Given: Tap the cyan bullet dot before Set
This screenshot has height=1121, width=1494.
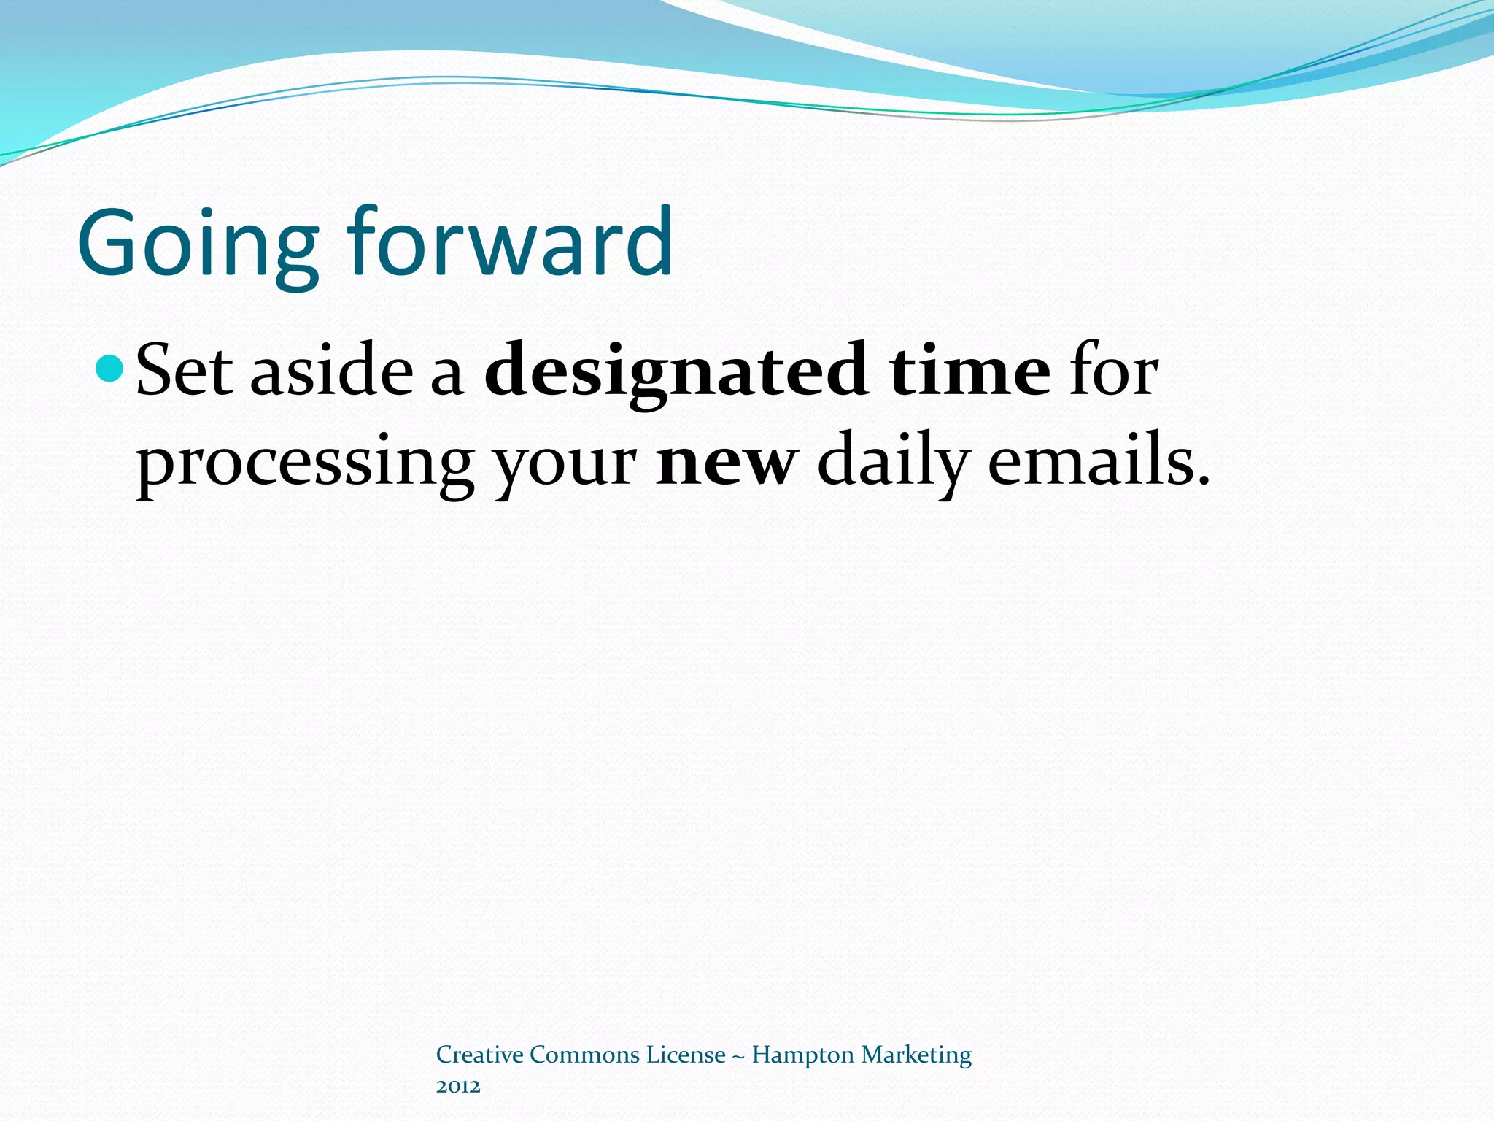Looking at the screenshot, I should click(111, 368).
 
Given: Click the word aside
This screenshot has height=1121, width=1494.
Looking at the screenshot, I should click(332, 372).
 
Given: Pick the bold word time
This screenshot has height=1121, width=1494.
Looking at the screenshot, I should click(969, 372).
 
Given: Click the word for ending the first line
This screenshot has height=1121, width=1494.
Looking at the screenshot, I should click(1113, 372).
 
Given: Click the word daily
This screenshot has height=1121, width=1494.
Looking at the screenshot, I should click(893, 463).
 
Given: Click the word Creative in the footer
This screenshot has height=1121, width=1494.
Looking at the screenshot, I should click(479, 1055).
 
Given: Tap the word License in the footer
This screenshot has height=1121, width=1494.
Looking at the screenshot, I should click(686, 1055).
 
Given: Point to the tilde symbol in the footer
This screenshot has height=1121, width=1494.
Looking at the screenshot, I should click(738, 1056).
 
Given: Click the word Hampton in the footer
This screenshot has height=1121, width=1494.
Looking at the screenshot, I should click(802, 1056).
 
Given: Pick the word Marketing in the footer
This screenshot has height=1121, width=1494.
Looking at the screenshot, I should click(916, 1056).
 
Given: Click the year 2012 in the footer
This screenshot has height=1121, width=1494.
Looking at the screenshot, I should click(458, 1087).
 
